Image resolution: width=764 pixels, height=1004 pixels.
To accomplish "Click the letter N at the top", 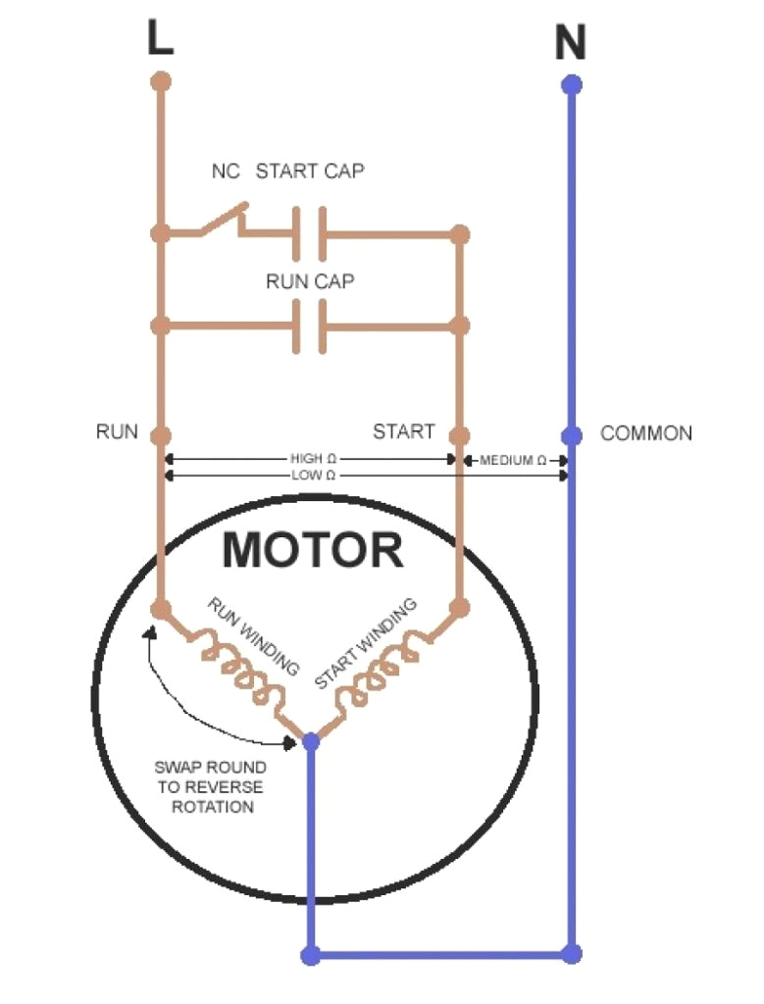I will (570, 43).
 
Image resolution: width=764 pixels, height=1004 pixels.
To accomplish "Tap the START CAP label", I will (310, 172).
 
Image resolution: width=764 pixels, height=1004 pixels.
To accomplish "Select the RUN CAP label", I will (310, 281).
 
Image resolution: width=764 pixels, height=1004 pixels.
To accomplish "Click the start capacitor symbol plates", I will (309, 234).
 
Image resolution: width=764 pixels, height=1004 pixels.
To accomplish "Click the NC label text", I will (226, 172).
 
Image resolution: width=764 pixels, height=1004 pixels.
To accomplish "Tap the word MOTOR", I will (312, 551).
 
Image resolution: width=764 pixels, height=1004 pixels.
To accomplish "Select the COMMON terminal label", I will (645, 433).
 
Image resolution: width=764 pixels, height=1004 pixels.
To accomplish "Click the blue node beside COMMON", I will (572, 435).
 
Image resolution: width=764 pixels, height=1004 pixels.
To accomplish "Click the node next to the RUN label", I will (162, 435).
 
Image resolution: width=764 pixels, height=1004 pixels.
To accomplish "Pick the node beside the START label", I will (458, 435).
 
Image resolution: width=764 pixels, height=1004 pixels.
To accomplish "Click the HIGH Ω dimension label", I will (313, 459).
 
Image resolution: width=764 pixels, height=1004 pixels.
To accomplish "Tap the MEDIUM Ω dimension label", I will (514, 460).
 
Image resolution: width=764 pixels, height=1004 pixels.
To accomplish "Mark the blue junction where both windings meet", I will (311, 741).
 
